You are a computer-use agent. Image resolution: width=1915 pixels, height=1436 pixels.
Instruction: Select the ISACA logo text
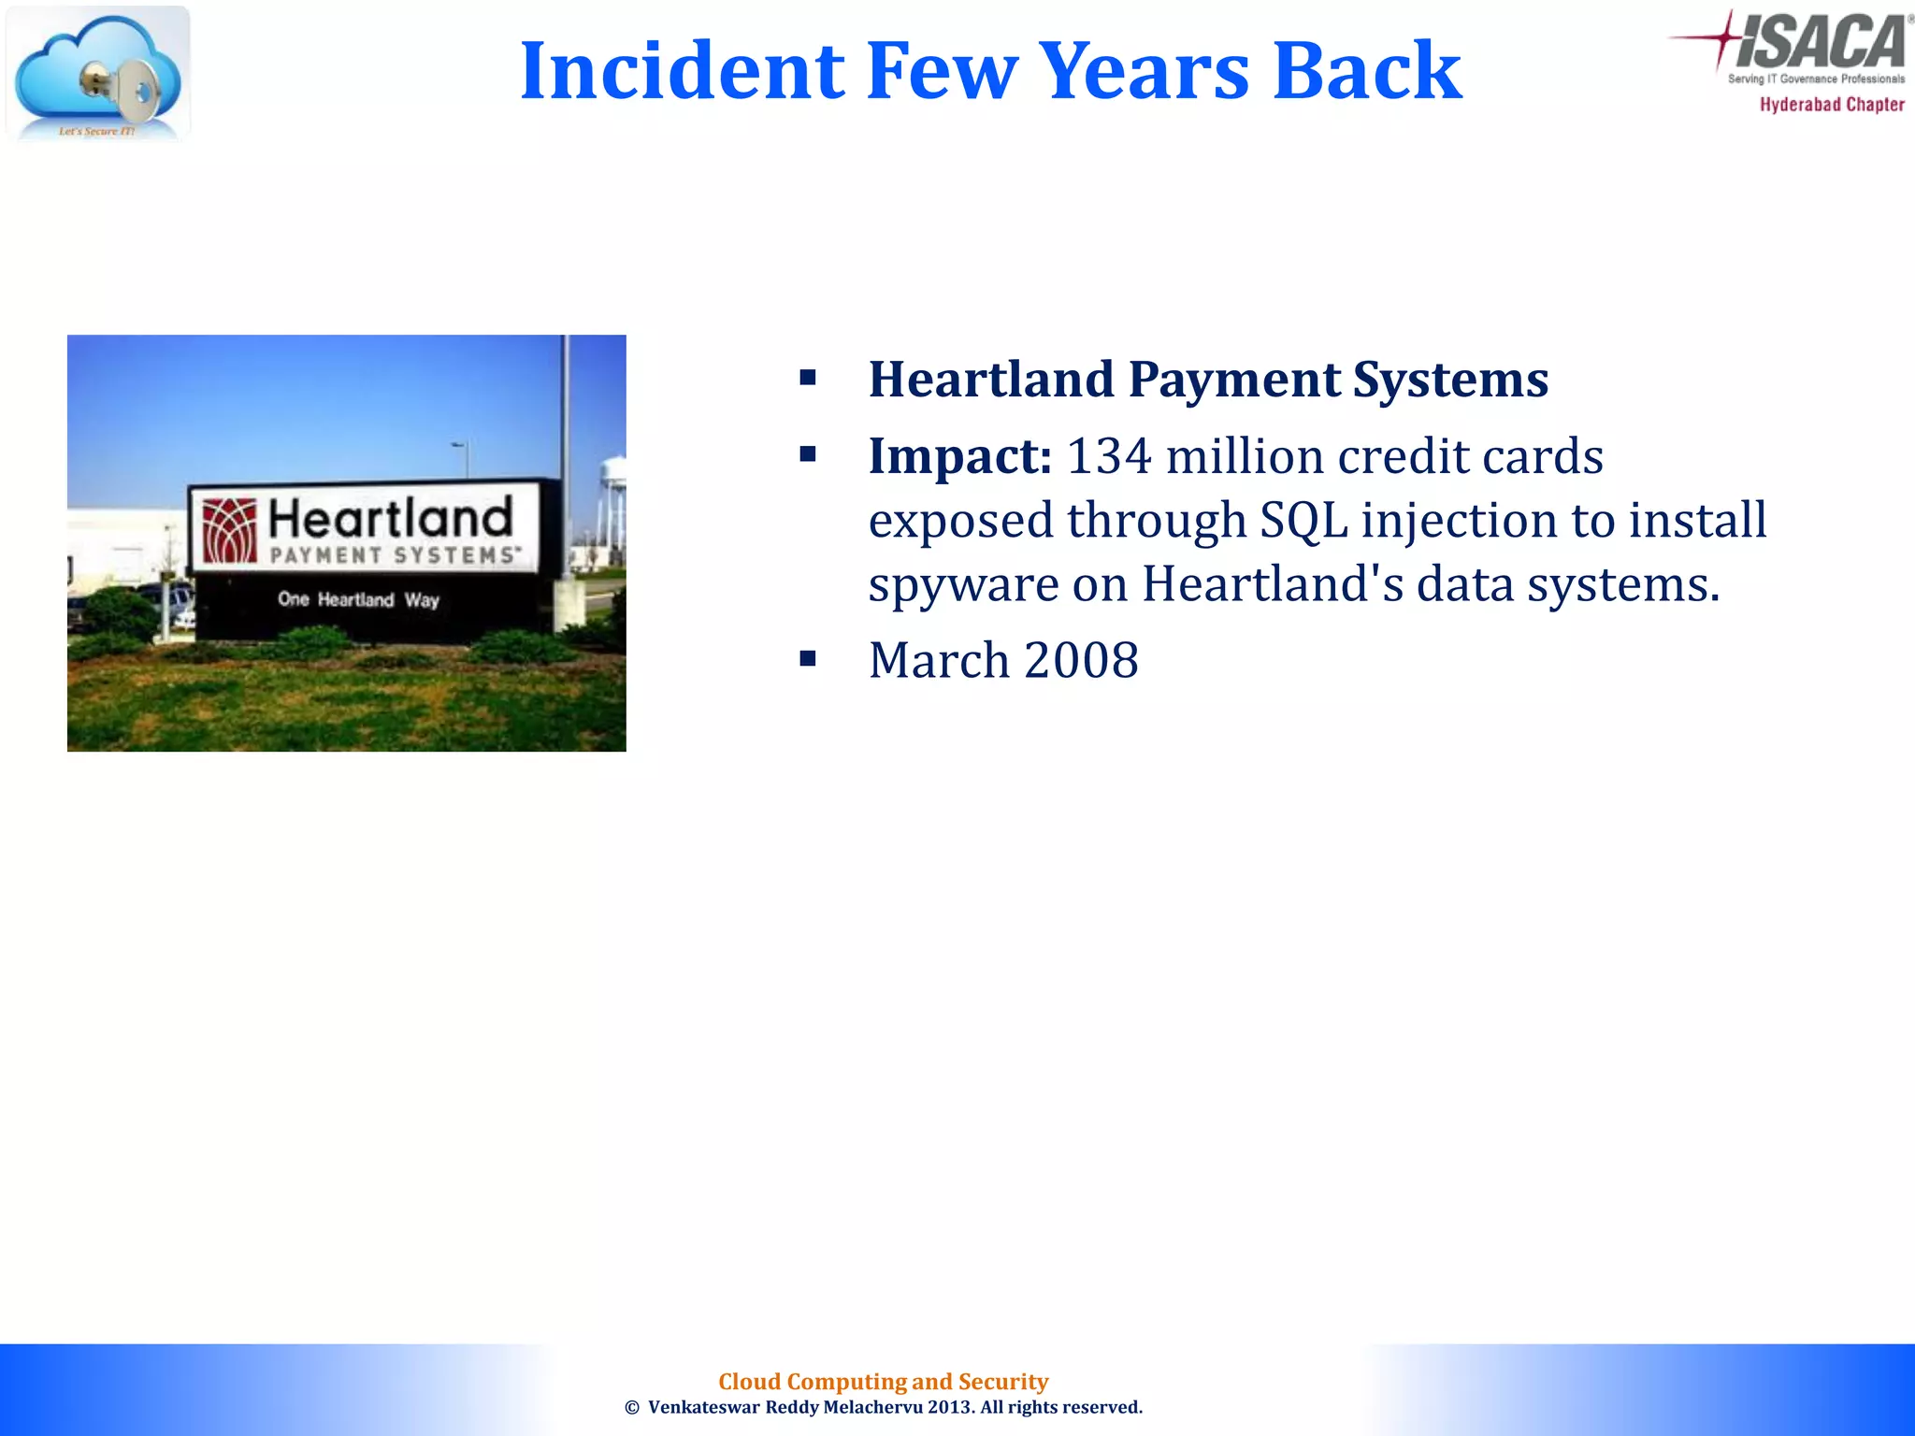[x=1819, y=42]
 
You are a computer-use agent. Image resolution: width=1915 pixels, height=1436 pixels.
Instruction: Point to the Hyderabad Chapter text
[x=1832, y=105]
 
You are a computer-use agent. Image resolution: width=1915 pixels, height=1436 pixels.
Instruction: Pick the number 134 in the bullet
[x=1109, y=456]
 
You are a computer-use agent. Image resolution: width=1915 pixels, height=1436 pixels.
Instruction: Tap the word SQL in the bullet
[x=1303, y=520]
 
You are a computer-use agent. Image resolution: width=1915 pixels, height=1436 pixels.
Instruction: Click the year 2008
[x=1082, y=660]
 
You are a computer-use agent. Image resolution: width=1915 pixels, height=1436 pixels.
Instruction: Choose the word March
[x=939, y=660]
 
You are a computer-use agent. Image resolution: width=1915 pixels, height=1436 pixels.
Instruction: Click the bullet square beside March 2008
[x=808, y=658]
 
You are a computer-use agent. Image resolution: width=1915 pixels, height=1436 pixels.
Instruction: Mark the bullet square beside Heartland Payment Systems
[x=808, y=378]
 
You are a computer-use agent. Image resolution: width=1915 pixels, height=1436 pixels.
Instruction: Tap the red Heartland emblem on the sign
[x=230, y=531]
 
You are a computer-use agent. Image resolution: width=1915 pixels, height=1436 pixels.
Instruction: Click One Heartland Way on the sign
[x=358, y=599]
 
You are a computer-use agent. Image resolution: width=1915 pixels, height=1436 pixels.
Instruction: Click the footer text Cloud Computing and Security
[x=883, y=1382]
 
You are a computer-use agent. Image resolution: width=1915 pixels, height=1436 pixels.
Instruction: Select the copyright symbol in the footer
[x=632, y=1408]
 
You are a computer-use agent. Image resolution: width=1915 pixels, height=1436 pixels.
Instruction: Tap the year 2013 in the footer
[x=950, y=1408]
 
